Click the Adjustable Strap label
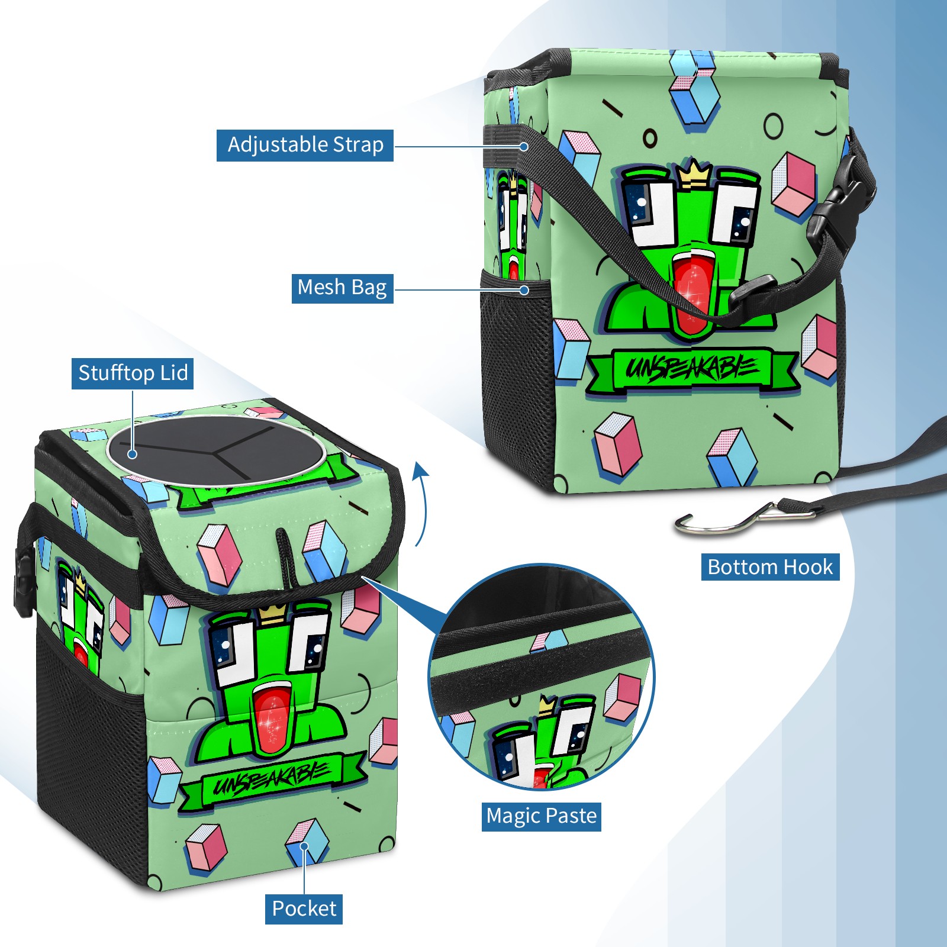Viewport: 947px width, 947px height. click(x=305, y=145)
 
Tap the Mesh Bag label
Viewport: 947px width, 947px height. click(x=342, y=288)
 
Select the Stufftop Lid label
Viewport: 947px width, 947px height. click(x=133, y=373)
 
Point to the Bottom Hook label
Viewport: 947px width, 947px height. click(x=770, y=567)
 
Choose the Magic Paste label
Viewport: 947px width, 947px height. click(x=542, y=816)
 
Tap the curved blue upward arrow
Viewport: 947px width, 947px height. click(x=421, y=503)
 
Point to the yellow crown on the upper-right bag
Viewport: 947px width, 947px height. click(x=694, y=174)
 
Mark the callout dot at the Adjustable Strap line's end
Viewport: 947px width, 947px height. click(x=524, y=146)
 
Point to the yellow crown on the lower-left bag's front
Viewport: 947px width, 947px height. click(x=272, y=614)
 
